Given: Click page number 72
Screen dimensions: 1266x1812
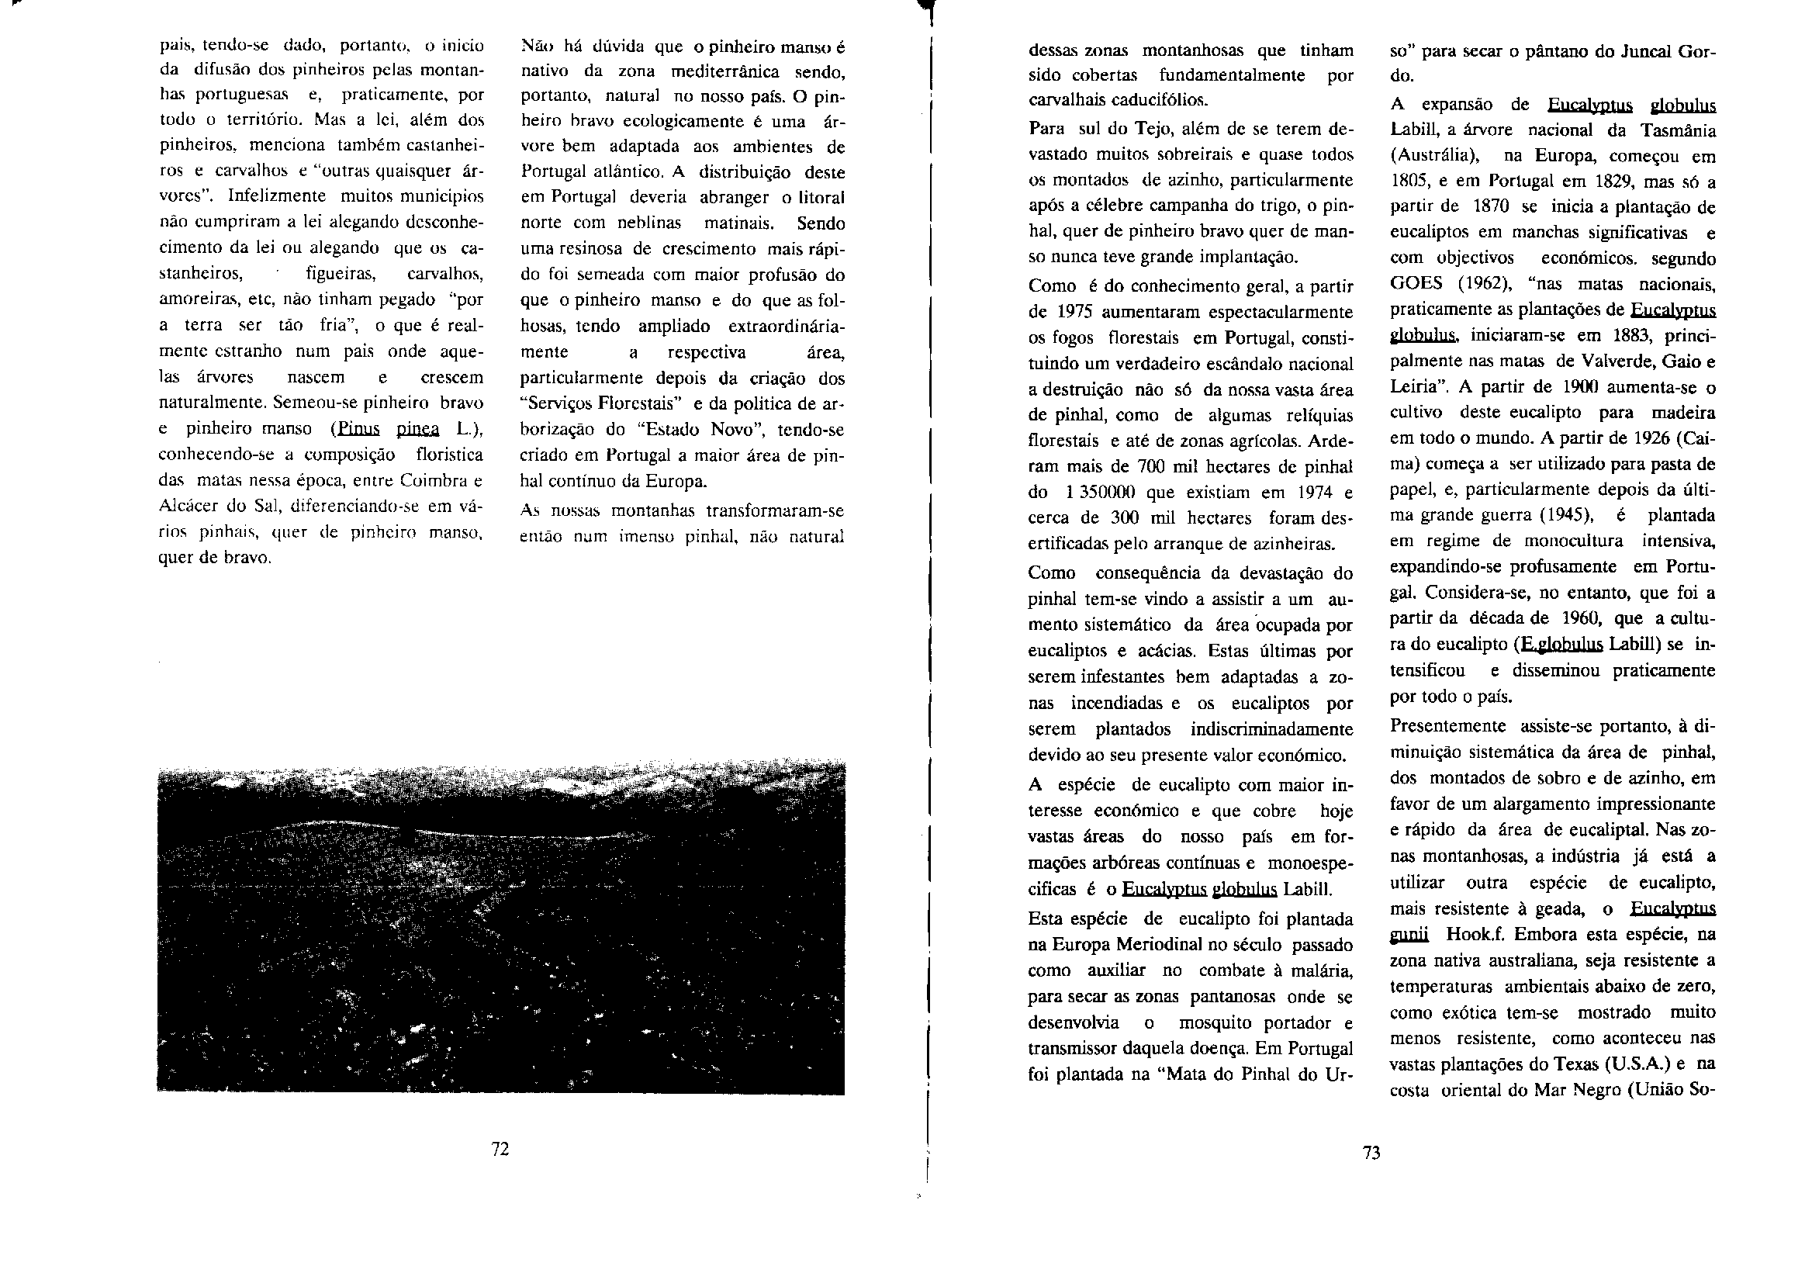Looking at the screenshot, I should pyautogui.click(x=500, y=1149).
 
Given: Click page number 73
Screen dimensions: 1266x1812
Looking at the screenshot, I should pyautogui.click(x=1371, y=1154).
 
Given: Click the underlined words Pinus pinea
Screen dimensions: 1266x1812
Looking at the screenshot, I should pyautogui.click(x=388, y=429).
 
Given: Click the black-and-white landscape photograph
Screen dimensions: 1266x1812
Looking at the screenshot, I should pyautogui.click(x=500, y=928).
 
